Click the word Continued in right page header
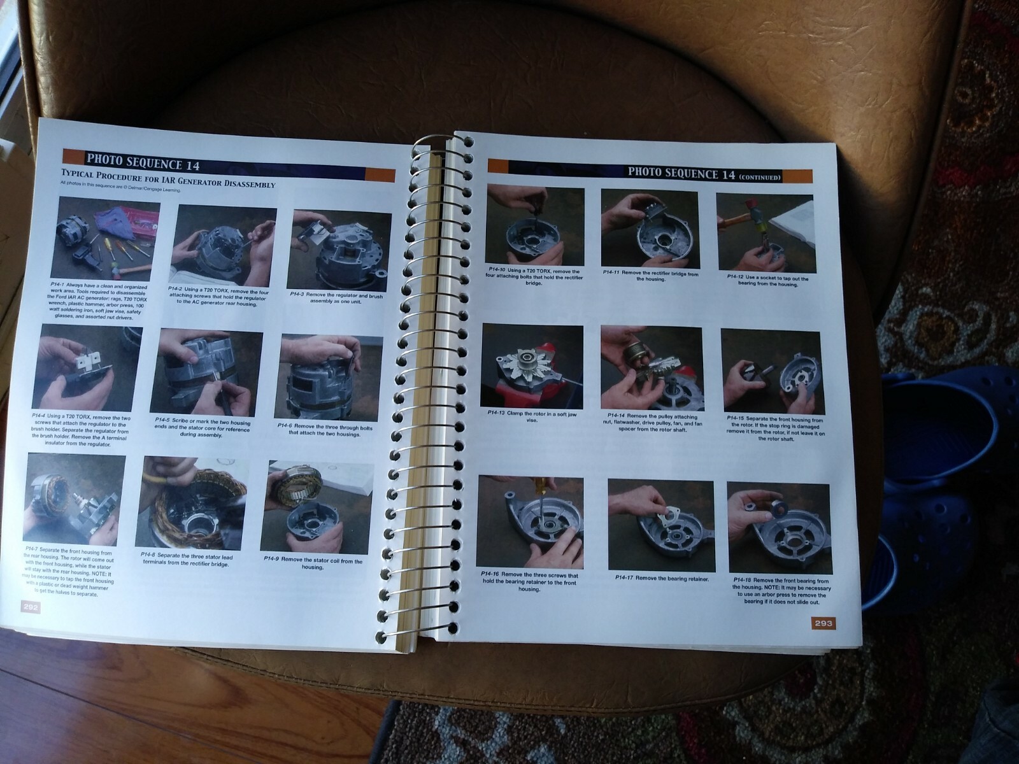point(759,177)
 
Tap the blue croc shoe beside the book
point(943,446)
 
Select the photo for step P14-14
point(651,368)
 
